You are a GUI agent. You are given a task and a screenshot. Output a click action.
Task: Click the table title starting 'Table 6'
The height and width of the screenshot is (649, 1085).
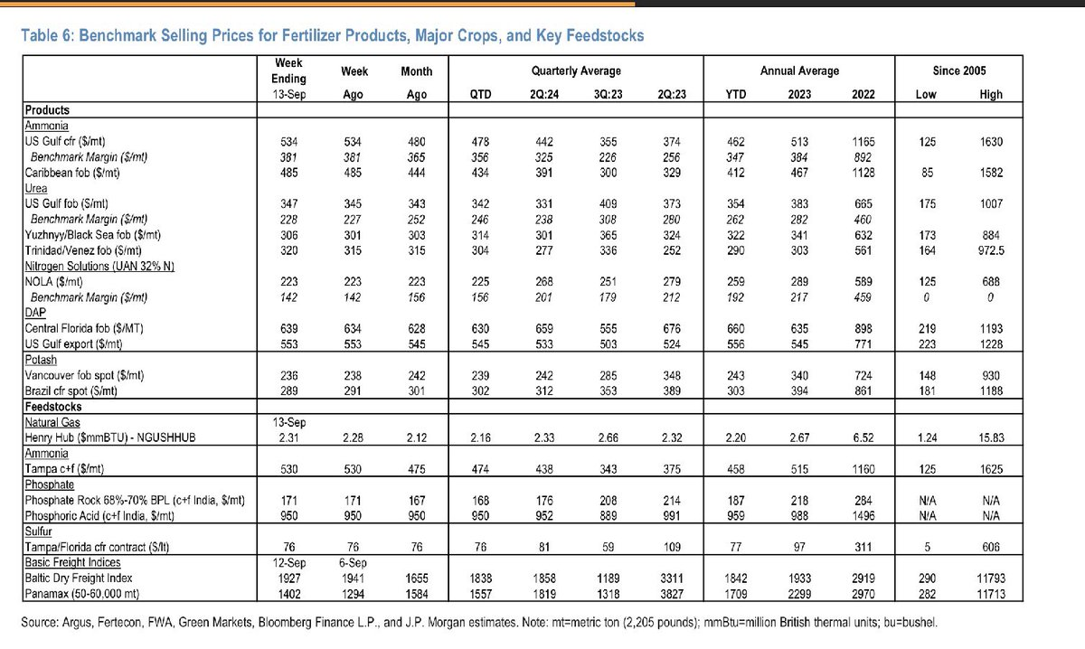point(333,36)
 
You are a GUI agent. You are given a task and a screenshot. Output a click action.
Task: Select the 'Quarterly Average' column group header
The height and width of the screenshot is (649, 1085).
point(576,71)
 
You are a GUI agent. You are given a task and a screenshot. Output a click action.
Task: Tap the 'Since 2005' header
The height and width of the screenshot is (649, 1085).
point(959,71)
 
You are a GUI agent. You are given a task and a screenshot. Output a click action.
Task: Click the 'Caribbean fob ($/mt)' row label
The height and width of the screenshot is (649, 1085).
point(72,173)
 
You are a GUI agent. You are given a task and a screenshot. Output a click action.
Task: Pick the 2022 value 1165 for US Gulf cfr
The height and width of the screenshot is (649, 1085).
point(863,142)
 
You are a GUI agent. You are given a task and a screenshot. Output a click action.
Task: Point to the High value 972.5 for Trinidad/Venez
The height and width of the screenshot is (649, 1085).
point(991,250)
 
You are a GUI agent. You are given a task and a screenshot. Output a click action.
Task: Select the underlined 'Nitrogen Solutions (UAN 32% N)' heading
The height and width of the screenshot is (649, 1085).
point(99,266)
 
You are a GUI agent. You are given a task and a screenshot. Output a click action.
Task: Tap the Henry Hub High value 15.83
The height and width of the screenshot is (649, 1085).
point(991,437)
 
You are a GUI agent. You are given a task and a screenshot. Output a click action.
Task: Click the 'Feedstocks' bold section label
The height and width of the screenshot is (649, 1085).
point(53,407)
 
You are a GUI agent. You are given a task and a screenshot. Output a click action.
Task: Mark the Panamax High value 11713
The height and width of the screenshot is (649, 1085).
point(991,594)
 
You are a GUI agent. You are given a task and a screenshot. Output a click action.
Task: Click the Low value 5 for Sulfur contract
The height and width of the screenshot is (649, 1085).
point(927,547)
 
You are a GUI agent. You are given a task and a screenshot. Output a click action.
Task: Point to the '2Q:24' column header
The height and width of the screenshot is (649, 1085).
point(544,94)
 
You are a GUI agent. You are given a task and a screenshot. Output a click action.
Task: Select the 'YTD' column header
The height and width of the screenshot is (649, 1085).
point(735,94)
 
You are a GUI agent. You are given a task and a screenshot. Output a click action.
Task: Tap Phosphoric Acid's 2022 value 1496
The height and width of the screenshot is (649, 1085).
point(863,516)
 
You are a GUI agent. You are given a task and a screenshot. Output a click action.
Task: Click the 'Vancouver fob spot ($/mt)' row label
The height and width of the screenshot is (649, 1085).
point(84,375)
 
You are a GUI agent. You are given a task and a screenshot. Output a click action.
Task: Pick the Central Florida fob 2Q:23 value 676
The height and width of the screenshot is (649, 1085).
point(671,329)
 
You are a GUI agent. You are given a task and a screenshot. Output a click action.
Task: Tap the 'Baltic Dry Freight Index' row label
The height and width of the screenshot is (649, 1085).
point(79,578)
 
